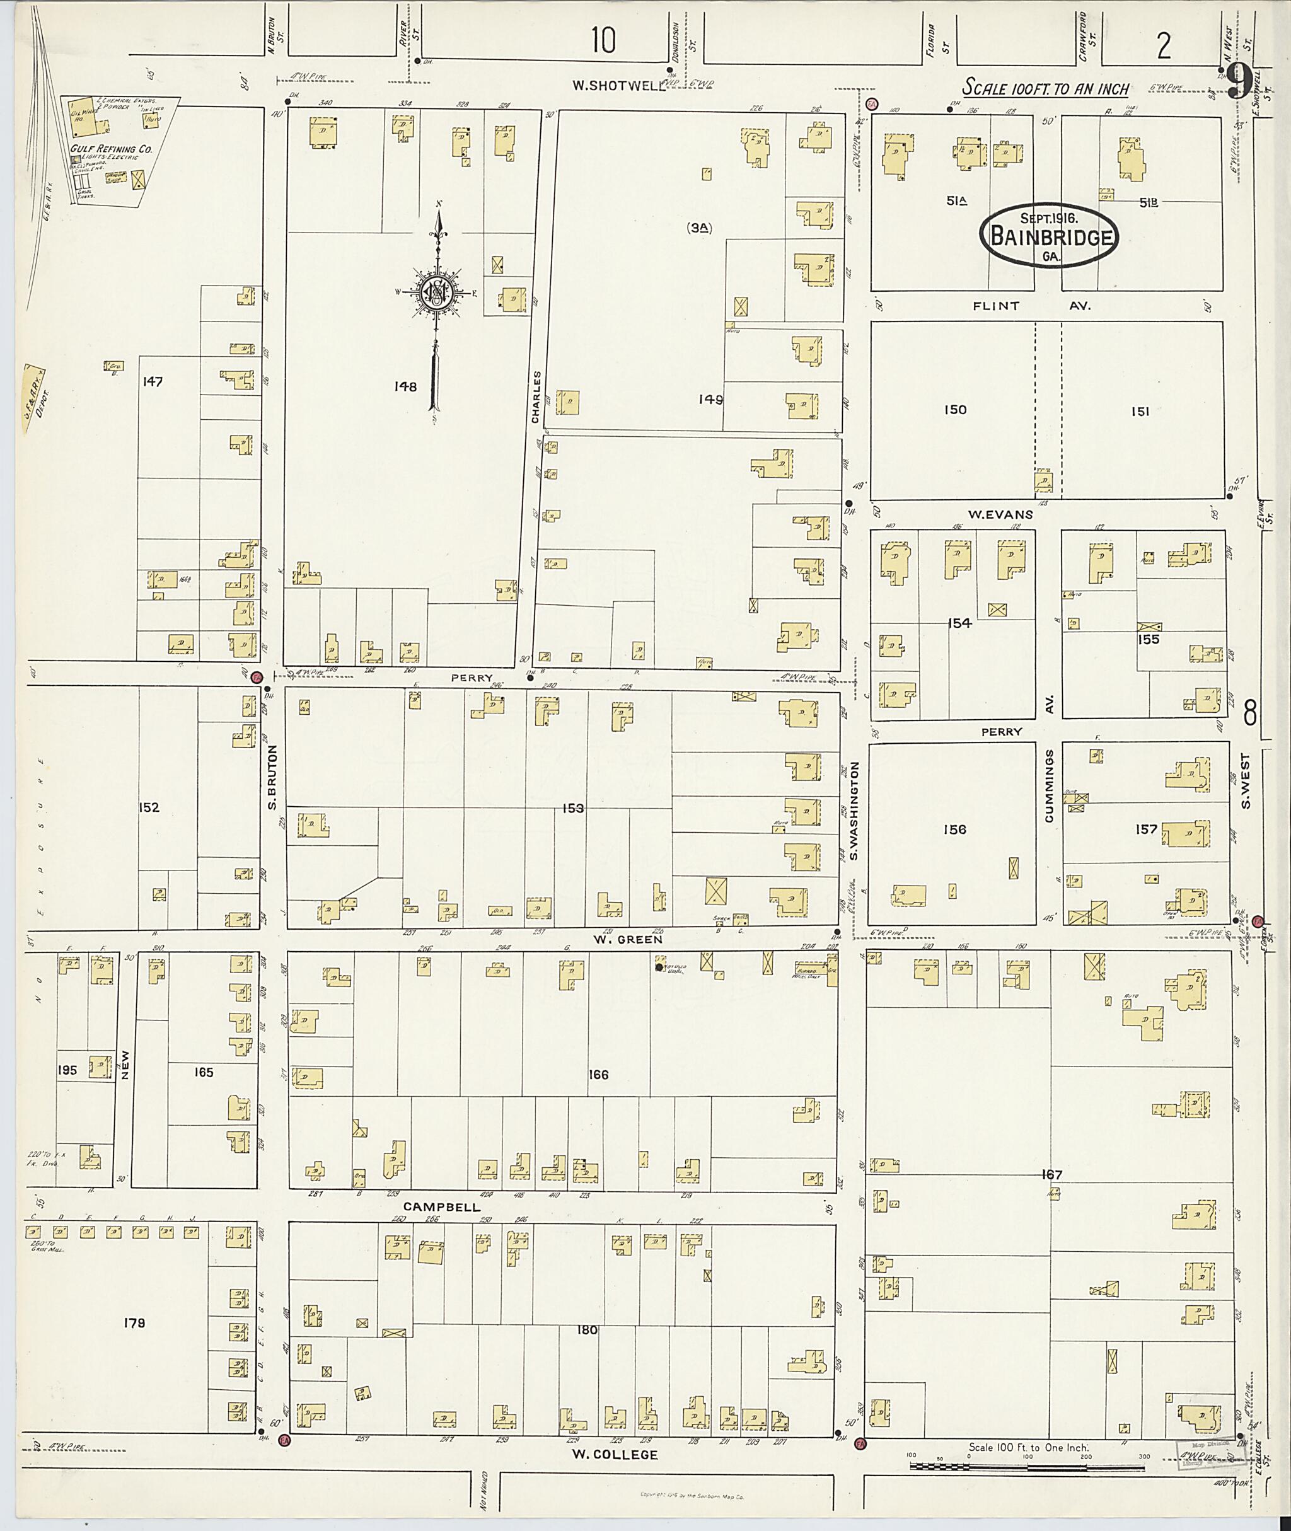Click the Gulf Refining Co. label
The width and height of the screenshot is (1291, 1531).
pos(110,149)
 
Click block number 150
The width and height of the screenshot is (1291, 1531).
pos(955,410)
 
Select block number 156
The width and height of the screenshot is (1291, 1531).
pos(954,829)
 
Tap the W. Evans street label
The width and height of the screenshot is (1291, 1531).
pos(1000,514)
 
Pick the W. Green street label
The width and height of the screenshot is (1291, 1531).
pos(627,939)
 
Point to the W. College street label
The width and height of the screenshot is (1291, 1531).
pos(615,1455)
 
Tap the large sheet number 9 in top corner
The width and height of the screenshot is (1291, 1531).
pos(1238,81)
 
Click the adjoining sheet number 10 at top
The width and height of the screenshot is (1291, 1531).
pos(605,42)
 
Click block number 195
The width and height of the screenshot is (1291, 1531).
pos(67,1071)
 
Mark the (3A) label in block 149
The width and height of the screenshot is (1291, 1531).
pos(699,228)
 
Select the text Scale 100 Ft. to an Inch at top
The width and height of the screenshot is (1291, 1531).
pos(1046,90)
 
